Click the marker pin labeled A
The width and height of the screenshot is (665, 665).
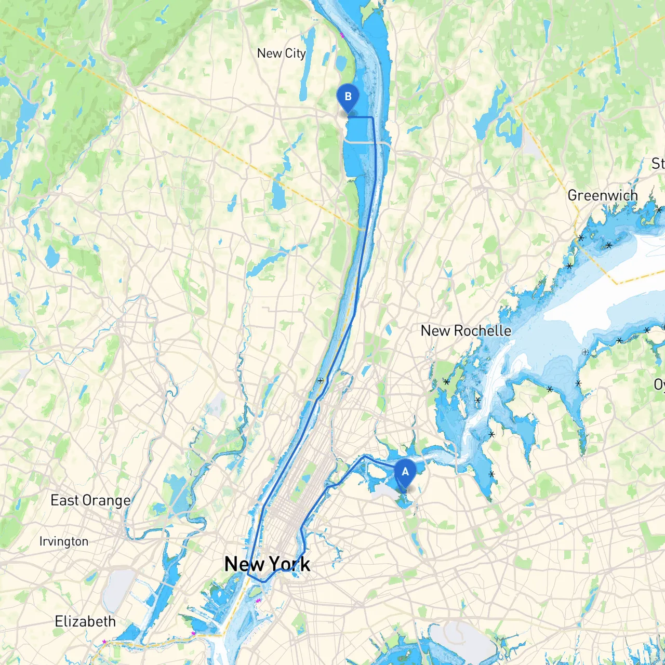405,473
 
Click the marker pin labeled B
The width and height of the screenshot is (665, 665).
348,98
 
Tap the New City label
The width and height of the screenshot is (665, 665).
281,53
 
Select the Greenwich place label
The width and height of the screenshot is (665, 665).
602,195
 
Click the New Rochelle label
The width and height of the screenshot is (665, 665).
465,330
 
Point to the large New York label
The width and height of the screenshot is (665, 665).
267,564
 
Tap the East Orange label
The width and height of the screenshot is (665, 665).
90,500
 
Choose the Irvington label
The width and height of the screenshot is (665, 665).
63,541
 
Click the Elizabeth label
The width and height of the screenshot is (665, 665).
85,621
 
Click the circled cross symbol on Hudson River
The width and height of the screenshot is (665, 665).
321,381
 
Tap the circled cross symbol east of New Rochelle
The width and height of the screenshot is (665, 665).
585,352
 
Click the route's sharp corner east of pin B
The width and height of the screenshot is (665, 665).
373,118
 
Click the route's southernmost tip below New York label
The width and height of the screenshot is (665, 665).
264,581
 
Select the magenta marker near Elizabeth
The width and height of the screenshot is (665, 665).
104,642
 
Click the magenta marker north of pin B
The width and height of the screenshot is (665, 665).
342,35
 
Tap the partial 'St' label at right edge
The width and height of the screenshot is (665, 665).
658,164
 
